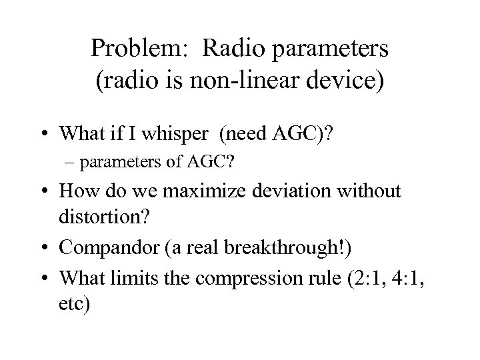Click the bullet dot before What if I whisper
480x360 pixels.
point(46,135)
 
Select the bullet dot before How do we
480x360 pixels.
point(46,192)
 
